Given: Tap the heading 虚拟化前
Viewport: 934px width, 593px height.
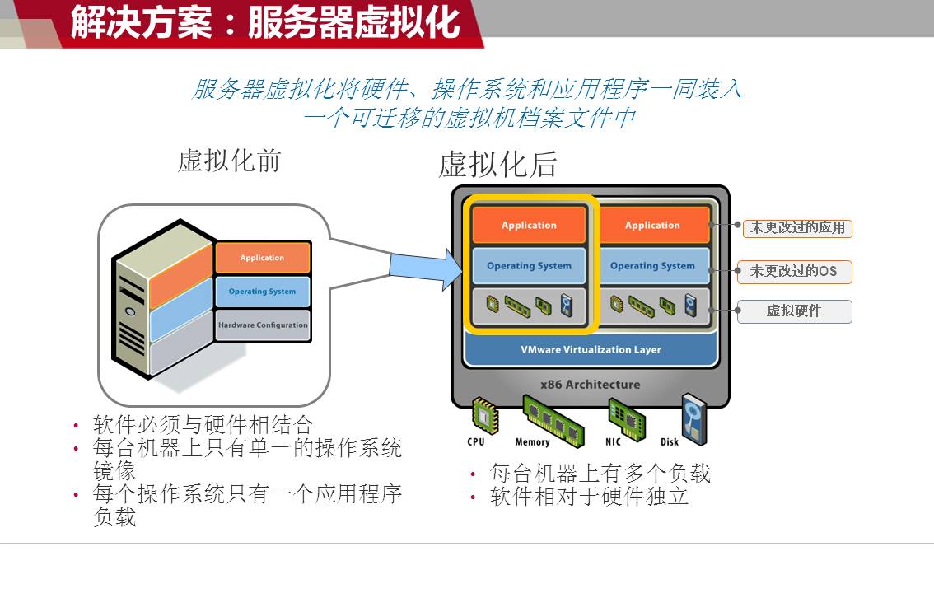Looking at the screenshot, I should click(229, 161).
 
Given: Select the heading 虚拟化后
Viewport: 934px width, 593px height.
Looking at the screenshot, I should click(497, 165).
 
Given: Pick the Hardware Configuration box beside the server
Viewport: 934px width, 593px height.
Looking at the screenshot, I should click(263, 325).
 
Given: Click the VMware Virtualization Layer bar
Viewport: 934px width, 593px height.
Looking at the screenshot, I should click(591, 350).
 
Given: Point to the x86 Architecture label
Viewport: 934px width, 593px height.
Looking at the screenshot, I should click(590, 385).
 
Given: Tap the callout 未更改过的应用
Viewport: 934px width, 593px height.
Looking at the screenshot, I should click(797, 227).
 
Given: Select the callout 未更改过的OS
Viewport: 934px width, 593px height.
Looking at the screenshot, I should click(793, 271).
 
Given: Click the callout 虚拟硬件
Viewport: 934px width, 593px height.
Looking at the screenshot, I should click(794, 311).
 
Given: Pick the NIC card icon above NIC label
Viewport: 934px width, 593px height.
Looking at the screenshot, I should click(623, 416).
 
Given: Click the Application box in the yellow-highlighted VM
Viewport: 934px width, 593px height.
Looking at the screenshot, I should click(529, 226).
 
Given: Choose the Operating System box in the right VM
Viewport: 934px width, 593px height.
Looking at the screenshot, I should click(652, 266).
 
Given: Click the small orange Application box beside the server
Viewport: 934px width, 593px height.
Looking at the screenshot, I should click(262, 258).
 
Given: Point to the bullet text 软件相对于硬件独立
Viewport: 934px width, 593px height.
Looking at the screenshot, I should click(589, 497).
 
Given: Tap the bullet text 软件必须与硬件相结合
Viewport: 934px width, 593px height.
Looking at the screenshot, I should click(203, 425).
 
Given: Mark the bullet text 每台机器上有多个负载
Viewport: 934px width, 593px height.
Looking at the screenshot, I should click(600, 474).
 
